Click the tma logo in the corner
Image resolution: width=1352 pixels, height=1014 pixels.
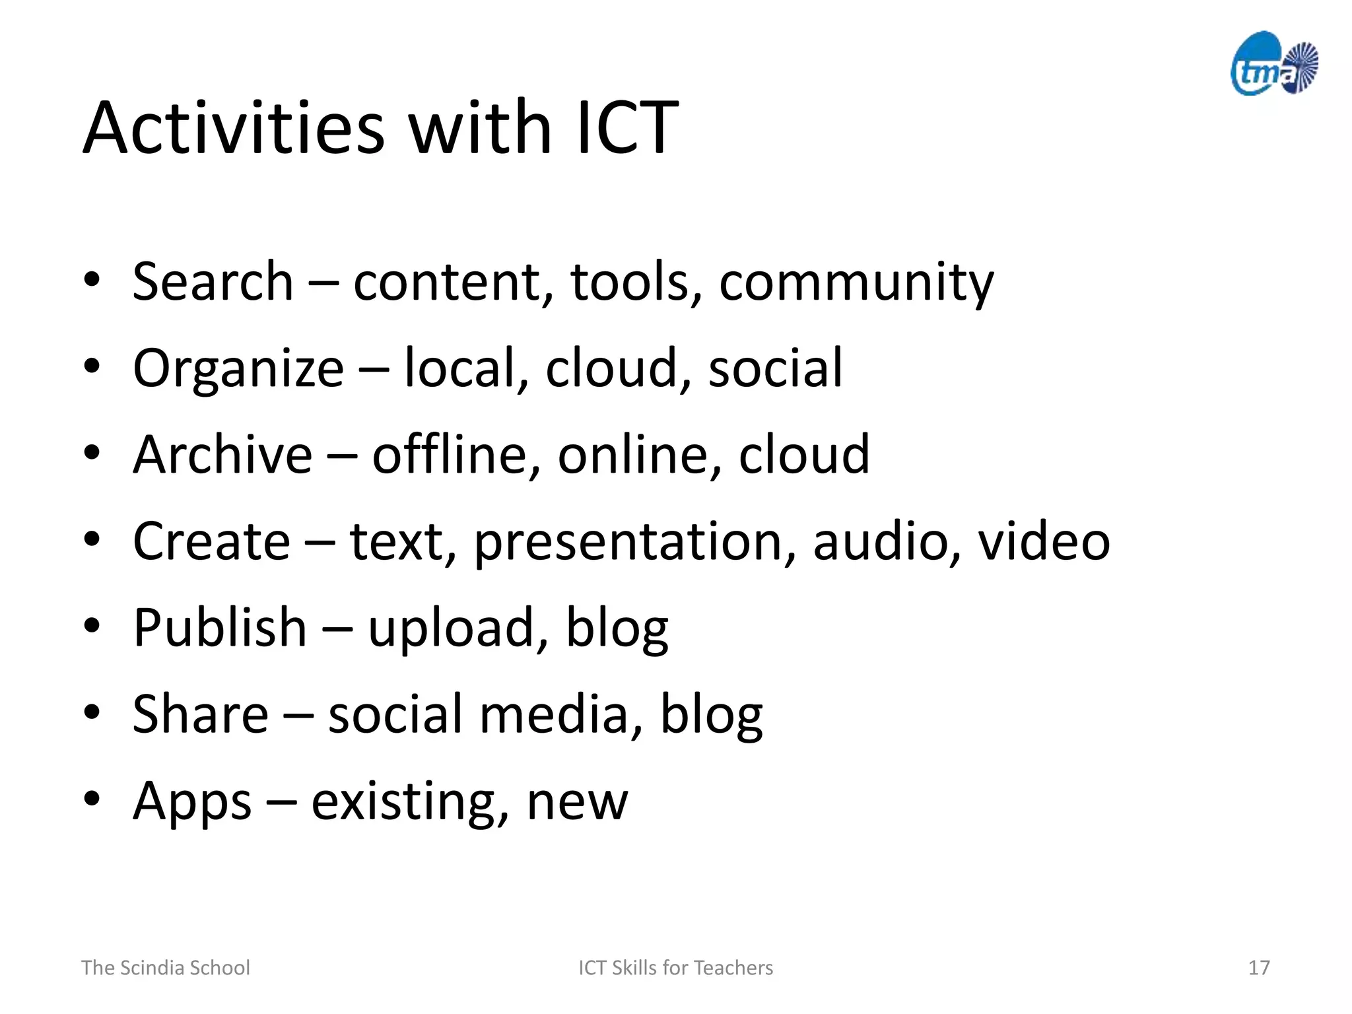click(1274, 65)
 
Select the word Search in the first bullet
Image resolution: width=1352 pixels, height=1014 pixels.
click(213, 281)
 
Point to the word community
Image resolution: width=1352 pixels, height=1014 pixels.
click(856, 283)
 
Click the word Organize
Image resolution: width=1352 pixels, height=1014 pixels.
click(238, 368)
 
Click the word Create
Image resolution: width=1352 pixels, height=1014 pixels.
click(211, 541)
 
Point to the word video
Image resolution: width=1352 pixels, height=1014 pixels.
click(1044, 541)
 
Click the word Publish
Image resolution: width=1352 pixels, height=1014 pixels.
click(220, 627)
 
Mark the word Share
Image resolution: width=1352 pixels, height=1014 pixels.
click(201, 714)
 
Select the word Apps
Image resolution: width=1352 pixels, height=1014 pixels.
click(192, 801)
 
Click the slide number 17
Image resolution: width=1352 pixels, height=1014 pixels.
click(1258, 968)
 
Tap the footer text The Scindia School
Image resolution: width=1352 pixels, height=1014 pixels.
click(166, 968)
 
